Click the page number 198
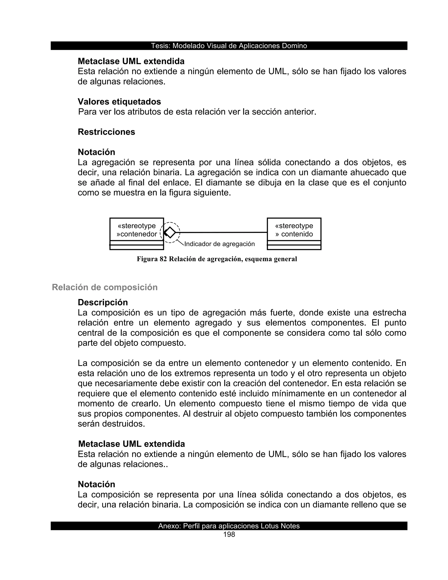click(x=229, y=535)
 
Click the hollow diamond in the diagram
click(x=170, y=232)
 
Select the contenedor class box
click(x=137, y=234)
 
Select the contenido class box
click(x=294, y=234)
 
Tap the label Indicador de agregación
click(x=219, y=244)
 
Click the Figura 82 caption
click(x=217, y=259)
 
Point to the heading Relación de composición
click(x=105, y=287)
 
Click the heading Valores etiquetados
click(x=119, y=102)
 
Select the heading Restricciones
click(x=107, y=132)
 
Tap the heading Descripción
click(x=103, y=302)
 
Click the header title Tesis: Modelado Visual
click(x=229, y=46)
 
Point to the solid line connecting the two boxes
click(x=223, y=232)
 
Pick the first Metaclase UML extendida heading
click(x=131, y=61)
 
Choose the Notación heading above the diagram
click(x=96, y=152)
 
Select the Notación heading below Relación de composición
click(x=96, y=484)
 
